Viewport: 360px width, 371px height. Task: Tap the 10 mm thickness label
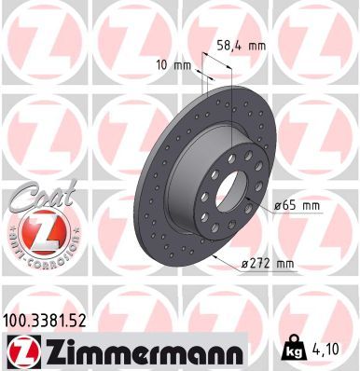tap(176, 65)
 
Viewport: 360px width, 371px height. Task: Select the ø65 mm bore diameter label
tap(299, 204)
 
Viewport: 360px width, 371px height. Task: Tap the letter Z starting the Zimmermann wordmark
tap(48, 353)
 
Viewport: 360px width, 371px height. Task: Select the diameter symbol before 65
tap(279, 204)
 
